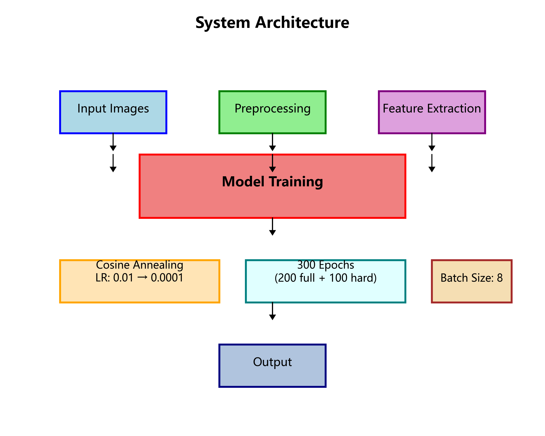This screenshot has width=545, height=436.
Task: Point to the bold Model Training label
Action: [272, 182]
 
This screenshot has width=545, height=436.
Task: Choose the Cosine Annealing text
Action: [140, 265]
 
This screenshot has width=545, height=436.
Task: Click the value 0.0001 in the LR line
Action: [167, 278]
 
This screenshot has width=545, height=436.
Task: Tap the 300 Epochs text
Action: [325, 265]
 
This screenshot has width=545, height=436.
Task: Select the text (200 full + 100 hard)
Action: [325, 278]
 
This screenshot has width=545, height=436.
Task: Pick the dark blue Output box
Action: [272, 369]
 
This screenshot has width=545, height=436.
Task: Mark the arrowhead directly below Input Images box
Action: [113, 148]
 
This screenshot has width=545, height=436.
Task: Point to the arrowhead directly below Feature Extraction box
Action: [432, 148]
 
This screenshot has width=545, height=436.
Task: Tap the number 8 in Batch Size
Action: [500, 278]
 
